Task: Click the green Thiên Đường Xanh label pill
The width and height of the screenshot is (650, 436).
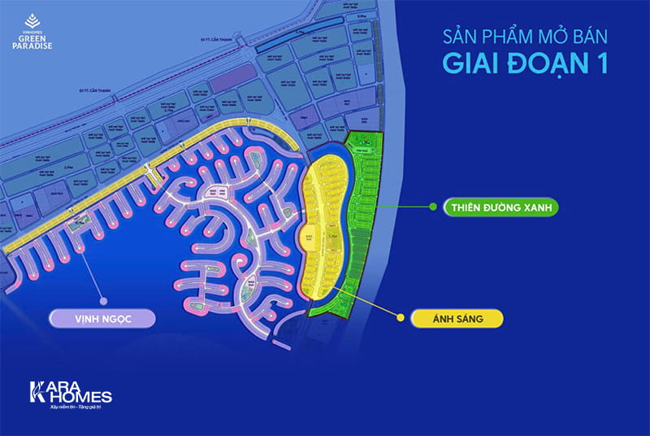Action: [499, 207]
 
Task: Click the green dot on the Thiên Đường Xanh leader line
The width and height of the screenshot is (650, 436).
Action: [433, 207]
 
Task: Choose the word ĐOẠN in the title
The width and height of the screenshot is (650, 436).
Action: [539, 65]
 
